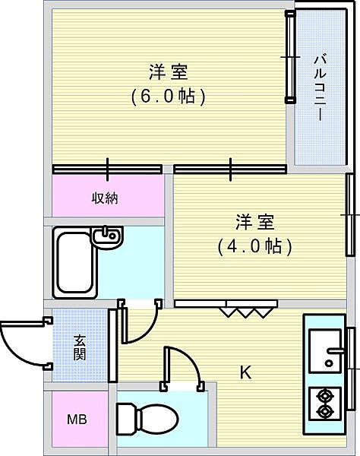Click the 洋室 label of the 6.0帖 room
click(x=169, y=73)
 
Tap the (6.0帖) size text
click(x=169, y=97)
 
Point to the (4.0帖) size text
click(x=254, y=246)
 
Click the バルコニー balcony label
click(x=319, y=87)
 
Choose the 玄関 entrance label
click(x=80, y=347)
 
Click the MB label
click(x=77, y=420)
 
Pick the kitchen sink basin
click(x=326, y=352)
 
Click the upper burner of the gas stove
click(x=327, y=394)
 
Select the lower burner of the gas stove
click(x=327, y=413)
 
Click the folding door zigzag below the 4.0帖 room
click(x=247, y=310)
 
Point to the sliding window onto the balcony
click(x=289, y=57)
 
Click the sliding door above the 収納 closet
click(x=108, y=169)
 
